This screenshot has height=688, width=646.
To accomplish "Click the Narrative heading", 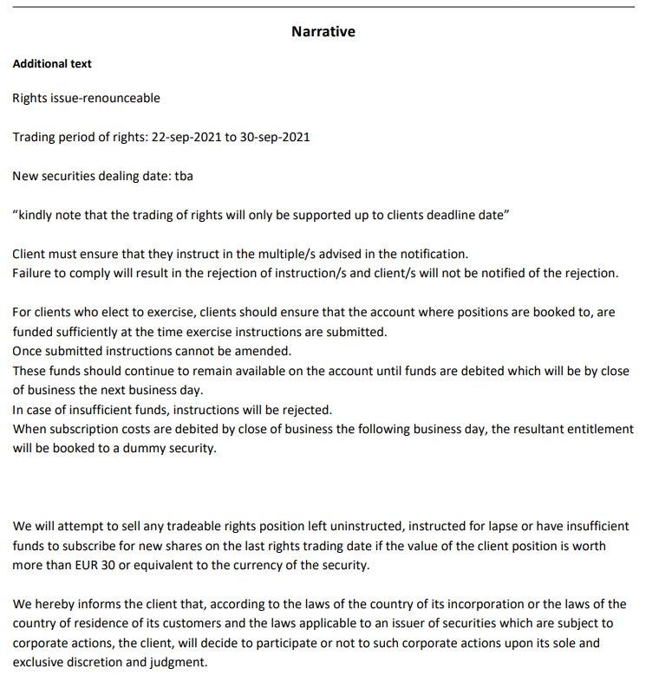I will (323, 32).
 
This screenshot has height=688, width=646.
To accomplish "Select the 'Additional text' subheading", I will (52, 64).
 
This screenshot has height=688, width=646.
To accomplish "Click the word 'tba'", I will (184, 176).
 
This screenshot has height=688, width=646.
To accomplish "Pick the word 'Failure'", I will (32, 274).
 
